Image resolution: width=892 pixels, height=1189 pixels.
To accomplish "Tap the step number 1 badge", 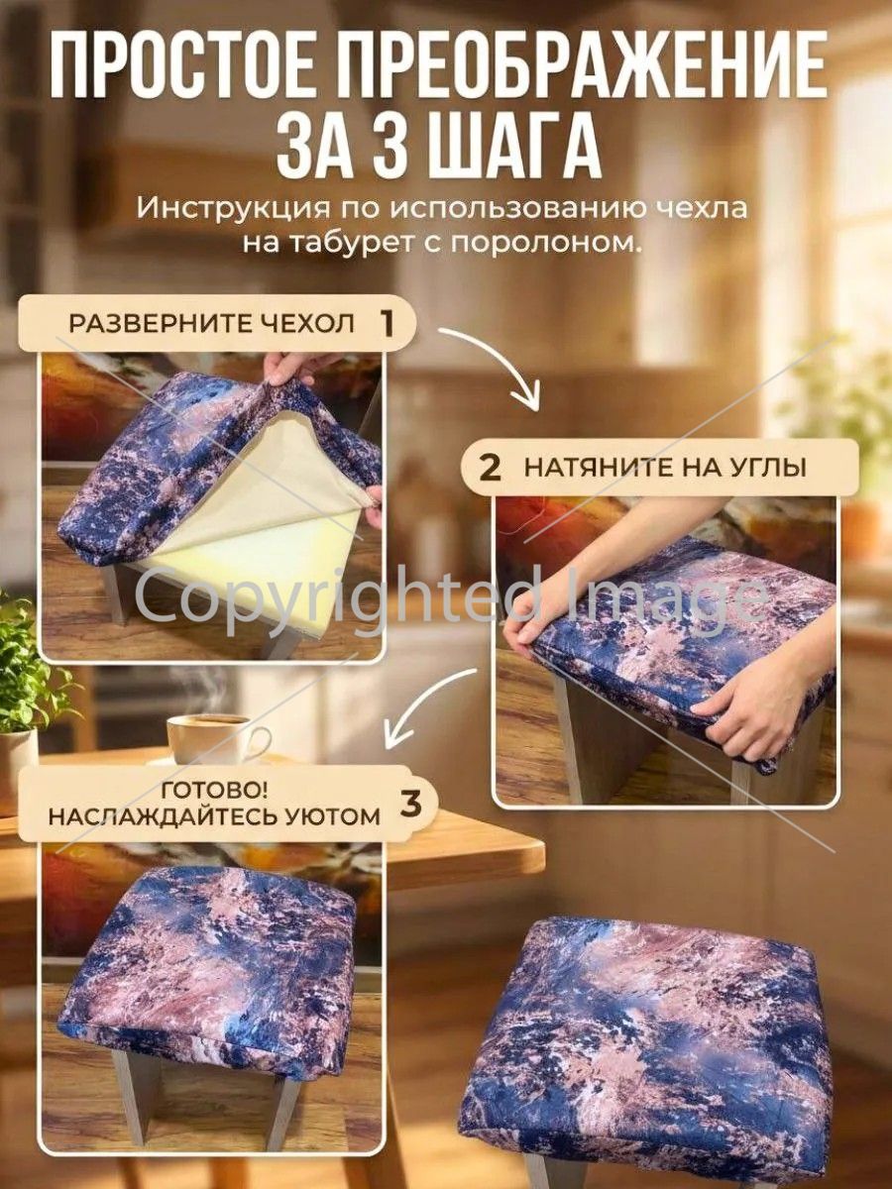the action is pyautogui.click(x=387, y=323).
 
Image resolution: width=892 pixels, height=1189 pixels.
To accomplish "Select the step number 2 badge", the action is pyautogui.click(x=490, y=469).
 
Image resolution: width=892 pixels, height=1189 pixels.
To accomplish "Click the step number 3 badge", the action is pyautogui.click(x=410, y=803).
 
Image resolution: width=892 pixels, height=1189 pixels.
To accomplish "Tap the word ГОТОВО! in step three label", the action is pyautogui.click(x=214, y=791).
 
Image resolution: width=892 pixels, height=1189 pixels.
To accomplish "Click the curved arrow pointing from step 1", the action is pyautogui.click(x=506, y=358).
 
